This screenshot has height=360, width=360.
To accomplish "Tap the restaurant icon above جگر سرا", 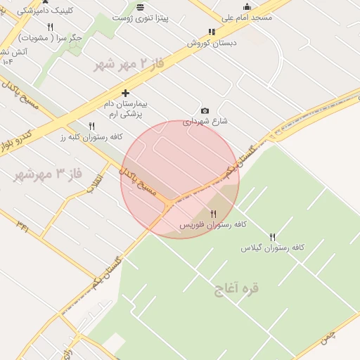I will [50, 27].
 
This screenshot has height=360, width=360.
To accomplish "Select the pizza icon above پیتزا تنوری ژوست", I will [141, 7].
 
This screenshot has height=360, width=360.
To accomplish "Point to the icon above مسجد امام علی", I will [247, 7].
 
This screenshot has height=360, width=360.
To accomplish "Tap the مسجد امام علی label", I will [247, 18].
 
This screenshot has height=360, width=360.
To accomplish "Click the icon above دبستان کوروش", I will [212, 32].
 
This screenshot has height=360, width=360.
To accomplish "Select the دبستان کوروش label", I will [212, 42].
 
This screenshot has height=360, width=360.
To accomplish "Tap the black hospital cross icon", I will [126, 93].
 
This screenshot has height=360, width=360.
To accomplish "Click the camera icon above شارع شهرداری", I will [205, 110].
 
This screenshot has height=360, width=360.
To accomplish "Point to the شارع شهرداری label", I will [205, 121].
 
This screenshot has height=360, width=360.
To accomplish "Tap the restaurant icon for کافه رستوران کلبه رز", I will [91, 126].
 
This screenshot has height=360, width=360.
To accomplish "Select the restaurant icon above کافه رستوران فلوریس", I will [213, 214].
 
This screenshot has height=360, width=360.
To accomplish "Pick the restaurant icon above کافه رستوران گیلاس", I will [273, 237].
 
